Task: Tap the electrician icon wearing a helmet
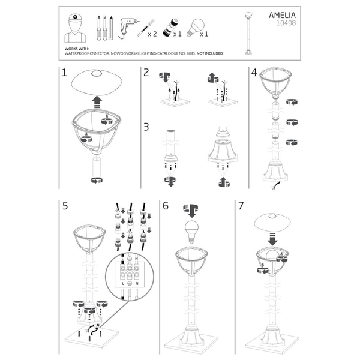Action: pyautogui.click(x=74, y=26)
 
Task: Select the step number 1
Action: pyautogui.click(x=64, y=74)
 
